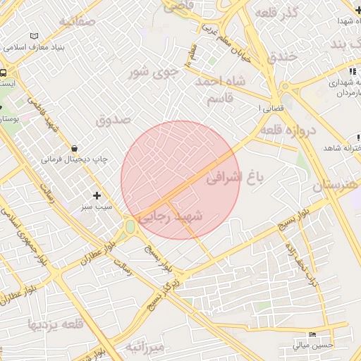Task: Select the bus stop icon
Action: coord(4,73)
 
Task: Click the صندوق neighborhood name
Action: coord(113,120)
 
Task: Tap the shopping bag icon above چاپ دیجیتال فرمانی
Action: coord(75,148)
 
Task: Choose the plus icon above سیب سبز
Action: coord(97,195)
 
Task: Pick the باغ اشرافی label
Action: coord(234,179)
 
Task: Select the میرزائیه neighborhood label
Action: coord(145,347)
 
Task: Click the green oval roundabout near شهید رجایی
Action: coord(130,227)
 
